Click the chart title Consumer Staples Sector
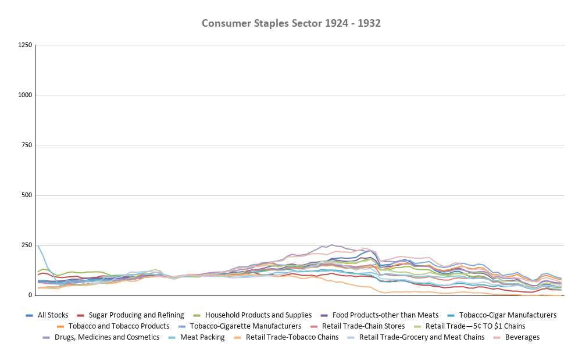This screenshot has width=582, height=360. [x=291, y=23]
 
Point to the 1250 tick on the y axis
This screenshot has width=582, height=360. [x=24, y=45]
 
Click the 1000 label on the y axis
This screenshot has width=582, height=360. [x=24, y=95]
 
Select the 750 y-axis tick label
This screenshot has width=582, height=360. [x=26, y=145]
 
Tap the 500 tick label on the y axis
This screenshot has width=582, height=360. [x=26, y=195]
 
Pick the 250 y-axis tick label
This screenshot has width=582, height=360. [x=26, y=245]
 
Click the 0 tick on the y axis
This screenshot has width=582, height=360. [x=30, y=295]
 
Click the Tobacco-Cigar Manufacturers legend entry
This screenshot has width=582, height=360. [x=508, y=315]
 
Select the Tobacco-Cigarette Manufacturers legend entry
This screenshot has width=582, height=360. [x=242, y=326]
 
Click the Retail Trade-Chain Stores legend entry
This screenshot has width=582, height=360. [x=363, y=326]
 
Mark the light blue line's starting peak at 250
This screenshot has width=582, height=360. [x=38, y=245]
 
